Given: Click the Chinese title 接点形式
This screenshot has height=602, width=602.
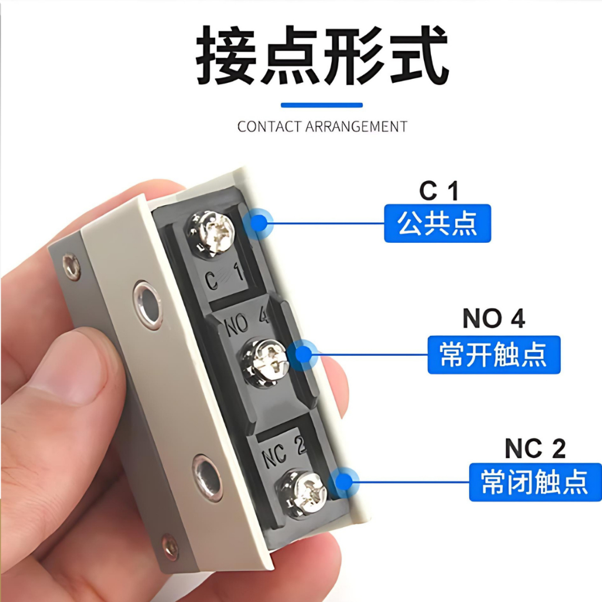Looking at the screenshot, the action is click(x=322, y=55).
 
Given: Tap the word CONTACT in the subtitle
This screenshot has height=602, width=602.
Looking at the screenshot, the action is click(x=269, y=126).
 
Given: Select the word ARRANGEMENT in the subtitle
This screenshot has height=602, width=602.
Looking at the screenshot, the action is click(x=356, y=126).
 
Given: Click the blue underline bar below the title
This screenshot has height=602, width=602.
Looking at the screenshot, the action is click(x=322, y=105).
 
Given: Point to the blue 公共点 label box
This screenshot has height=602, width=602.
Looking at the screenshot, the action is click(x=437, y=223).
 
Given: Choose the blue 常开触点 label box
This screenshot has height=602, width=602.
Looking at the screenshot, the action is click(x=494, y=354).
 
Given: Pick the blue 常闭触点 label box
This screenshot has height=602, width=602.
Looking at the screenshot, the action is click(x=535, y=482).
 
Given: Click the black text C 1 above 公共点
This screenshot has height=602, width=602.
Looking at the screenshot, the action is click(x=439, y=190).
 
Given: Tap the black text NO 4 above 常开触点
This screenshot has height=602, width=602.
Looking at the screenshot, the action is click(x=494, y=318).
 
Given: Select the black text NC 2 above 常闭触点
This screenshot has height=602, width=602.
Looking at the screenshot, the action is click(x=535, y=448).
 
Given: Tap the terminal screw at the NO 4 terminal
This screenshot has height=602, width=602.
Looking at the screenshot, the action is click(x=265, y=362).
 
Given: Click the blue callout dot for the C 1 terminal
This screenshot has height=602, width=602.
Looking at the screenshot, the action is click(x=259, y=223).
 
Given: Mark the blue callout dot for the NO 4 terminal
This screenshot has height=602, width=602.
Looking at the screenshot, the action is click(x=304, y=354).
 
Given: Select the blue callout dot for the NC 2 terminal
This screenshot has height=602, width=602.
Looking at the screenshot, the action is click(x=345, y=482).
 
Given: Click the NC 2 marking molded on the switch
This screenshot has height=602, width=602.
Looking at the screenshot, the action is click(x=283, y=451).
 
